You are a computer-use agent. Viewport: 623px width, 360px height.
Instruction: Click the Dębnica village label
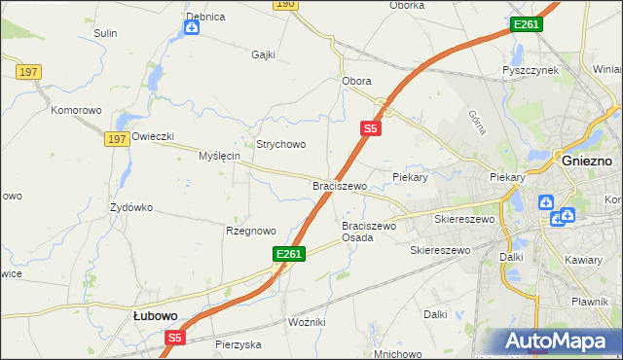coord(205,17)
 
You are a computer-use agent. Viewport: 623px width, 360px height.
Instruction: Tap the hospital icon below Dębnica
coord(192,27)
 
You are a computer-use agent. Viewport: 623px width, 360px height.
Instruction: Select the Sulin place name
coord(105,33)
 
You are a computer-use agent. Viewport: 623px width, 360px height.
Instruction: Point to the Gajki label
coord(265,54)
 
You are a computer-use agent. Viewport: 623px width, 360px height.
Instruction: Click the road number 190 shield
coord(284,4)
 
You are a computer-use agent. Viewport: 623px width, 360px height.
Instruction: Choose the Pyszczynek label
coord(530,71)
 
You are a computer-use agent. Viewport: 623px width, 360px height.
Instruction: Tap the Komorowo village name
coord(77,111)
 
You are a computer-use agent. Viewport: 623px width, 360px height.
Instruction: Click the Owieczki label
coord(152,136)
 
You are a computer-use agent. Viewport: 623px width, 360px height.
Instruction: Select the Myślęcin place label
coord(219,156)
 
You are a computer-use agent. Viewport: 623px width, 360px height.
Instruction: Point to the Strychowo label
coord(281,144)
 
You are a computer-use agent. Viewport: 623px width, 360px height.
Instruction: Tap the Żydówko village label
coord(131,207)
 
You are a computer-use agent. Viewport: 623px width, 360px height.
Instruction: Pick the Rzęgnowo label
coord(251,231)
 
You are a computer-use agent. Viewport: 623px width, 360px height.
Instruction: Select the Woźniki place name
coord(308,321)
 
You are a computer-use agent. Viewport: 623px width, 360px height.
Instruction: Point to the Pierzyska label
coord(238,344)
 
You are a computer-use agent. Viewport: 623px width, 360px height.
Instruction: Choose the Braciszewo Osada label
coord(370,232)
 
